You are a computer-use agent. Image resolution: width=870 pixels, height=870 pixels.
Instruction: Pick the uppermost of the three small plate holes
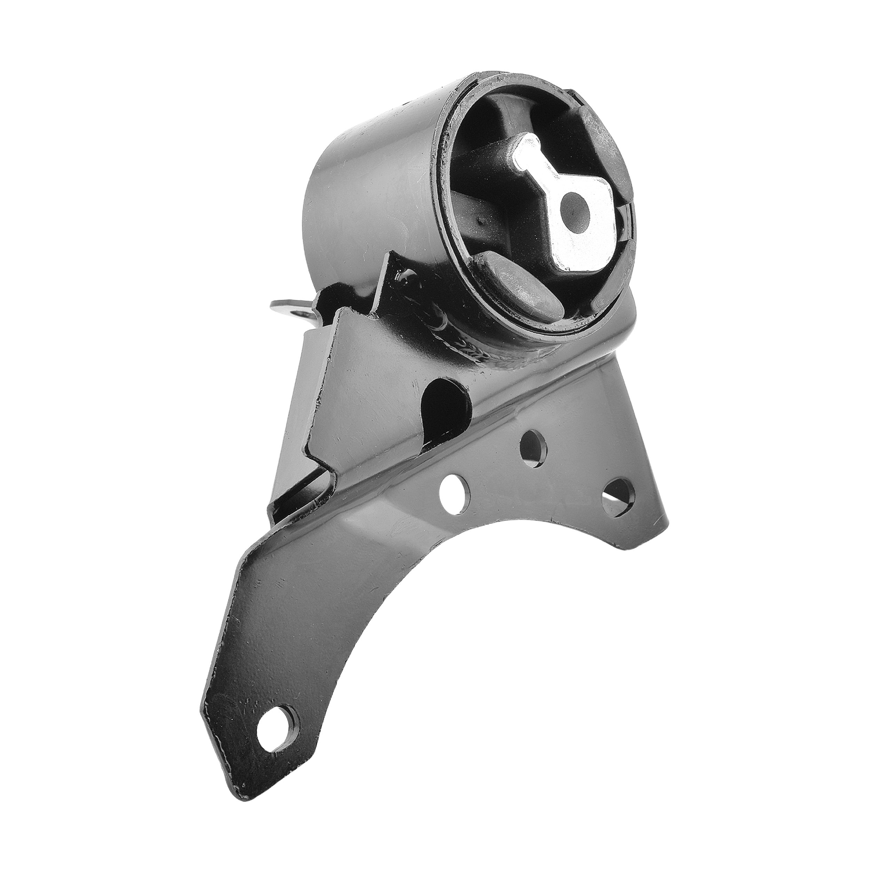click(533, 446)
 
